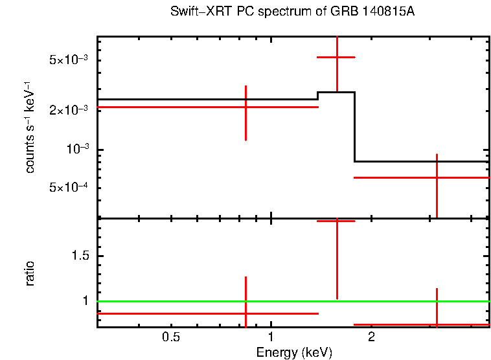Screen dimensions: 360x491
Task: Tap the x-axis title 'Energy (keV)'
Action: [294, 352]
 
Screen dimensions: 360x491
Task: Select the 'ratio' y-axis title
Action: [30, 273]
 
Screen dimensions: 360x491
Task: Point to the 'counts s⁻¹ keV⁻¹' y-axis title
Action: [30, 127]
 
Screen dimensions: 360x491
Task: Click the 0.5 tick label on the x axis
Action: [170, 337]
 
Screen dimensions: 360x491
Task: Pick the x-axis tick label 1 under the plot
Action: [271, 337]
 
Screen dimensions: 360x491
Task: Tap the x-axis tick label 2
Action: [371, 337]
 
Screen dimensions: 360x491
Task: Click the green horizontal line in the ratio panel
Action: [194, 301]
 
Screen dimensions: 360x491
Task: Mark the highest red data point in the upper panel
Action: [336, 58]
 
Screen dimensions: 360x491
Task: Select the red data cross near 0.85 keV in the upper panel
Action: [245, 106]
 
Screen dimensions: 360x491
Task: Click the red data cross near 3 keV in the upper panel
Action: [437, 177]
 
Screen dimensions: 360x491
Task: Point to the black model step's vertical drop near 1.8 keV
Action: [354, 127]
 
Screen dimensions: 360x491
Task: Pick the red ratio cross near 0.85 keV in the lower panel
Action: [245, 313]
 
